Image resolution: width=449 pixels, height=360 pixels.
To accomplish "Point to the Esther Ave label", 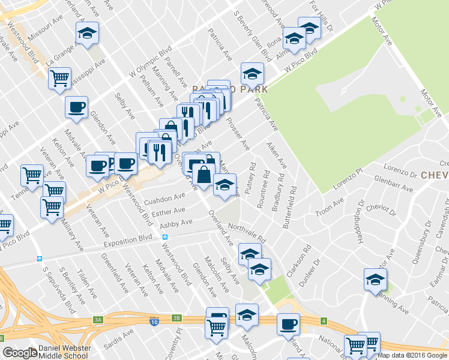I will [169, 212].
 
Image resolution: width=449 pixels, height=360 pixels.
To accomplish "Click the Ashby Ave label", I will [176, 223].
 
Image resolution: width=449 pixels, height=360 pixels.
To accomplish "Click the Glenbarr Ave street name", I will [393, 183].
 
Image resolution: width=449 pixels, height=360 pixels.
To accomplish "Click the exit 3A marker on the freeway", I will [98, 320].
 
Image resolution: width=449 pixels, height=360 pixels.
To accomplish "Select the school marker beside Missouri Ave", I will [88, 34].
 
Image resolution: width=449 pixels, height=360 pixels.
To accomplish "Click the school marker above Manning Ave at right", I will [376, 280].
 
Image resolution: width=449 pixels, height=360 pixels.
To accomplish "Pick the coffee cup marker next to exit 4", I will [288, 324].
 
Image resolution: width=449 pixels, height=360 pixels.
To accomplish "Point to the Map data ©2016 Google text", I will [412, 355].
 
